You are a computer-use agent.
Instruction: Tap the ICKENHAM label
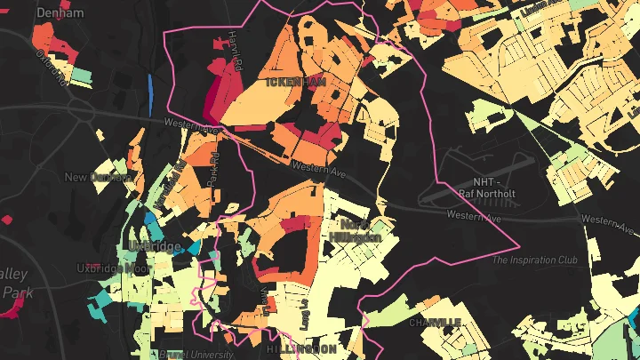coord(297,82)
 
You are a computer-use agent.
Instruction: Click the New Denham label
coord(98,177)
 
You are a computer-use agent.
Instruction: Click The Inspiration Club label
coord(535,260)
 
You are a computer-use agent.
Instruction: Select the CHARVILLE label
coord(435,321)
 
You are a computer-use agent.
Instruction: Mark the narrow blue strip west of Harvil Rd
coord(149,88)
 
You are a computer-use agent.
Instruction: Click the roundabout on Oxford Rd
coord(81,110)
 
